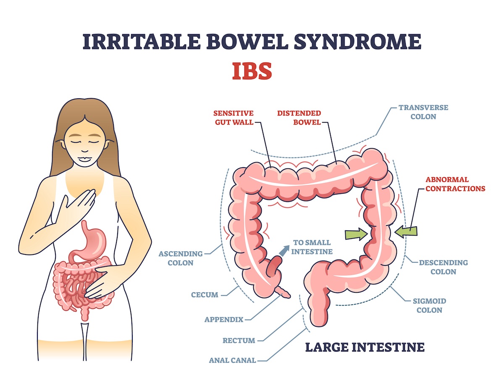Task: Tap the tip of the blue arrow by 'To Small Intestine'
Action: point(289,246)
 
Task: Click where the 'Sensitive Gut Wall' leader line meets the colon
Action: point(271,167)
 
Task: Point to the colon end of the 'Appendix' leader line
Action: point(282,295)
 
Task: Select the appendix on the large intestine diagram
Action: point(283,292)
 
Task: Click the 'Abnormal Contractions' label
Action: point(455,184)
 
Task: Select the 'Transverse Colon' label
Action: point(423,112)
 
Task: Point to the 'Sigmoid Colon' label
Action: point(429,305)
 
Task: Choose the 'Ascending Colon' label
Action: point(181,258)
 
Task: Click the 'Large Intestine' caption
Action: point(365,347)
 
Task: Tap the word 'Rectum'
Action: point(239,340)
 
